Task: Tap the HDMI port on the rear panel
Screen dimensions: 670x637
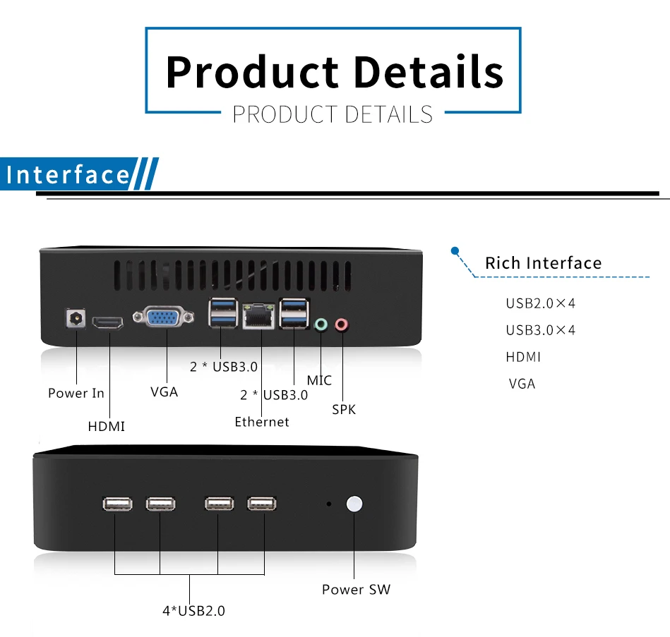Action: [109, 323]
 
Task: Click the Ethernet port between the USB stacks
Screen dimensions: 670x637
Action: [258, 317]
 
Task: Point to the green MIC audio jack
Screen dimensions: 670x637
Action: [321, 325]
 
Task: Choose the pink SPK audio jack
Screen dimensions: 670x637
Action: [342, 325]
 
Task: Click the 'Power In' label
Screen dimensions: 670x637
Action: [76, 393]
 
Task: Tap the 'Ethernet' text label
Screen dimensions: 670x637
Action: [262, 422]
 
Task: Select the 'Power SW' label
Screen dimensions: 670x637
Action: [356, 590]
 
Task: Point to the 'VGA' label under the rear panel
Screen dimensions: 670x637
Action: [164, 392]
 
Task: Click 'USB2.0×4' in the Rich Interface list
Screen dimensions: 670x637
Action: [541, 304]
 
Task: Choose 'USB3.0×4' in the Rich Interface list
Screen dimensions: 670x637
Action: [541, 330]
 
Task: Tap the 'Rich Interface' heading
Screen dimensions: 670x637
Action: [543, 264]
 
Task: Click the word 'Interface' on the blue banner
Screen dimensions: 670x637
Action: [68, 175]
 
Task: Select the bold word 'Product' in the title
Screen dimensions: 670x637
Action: [251, 72]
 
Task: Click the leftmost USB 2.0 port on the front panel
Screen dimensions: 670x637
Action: [117, 504]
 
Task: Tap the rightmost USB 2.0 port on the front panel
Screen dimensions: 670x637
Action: [262, 504]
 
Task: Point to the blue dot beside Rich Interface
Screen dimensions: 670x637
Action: [455, 250]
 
